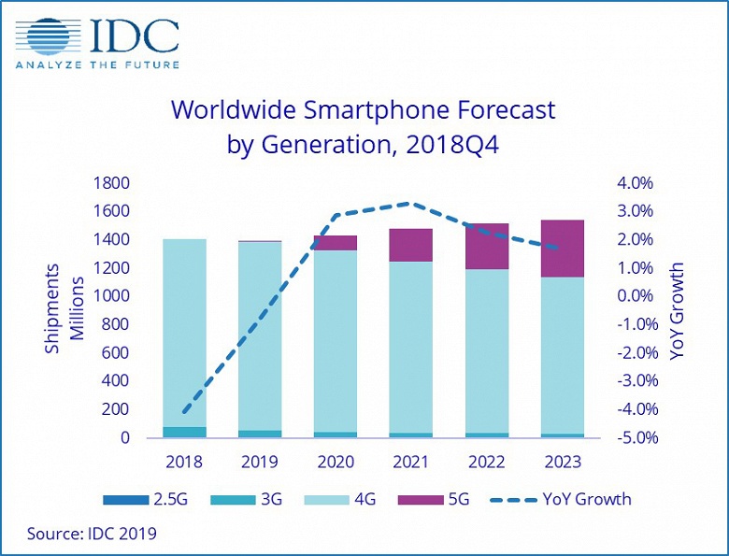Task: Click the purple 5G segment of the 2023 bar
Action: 563,249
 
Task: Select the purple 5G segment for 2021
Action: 410,245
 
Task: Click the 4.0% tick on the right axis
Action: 635,183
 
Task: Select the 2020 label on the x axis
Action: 335,463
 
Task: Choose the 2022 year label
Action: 486,463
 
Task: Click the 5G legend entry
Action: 447,499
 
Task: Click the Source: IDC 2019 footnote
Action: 92,534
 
